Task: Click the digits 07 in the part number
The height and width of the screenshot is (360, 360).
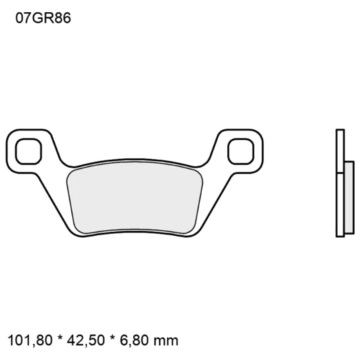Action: click(21, 19)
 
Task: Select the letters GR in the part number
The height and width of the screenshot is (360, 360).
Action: click(39, 19)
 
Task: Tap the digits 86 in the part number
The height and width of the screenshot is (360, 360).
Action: click(60, 19)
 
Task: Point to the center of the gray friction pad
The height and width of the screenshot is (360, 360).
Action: click(135, 197)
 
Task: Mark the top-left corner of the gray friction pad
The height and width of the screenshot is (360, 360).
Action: click(70, 173)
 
